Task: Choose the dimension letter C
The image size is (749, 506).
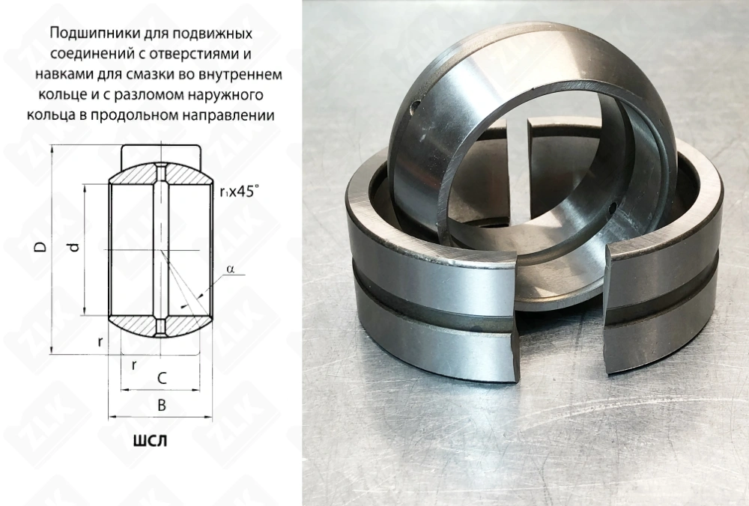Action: (x=160, y=379)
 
